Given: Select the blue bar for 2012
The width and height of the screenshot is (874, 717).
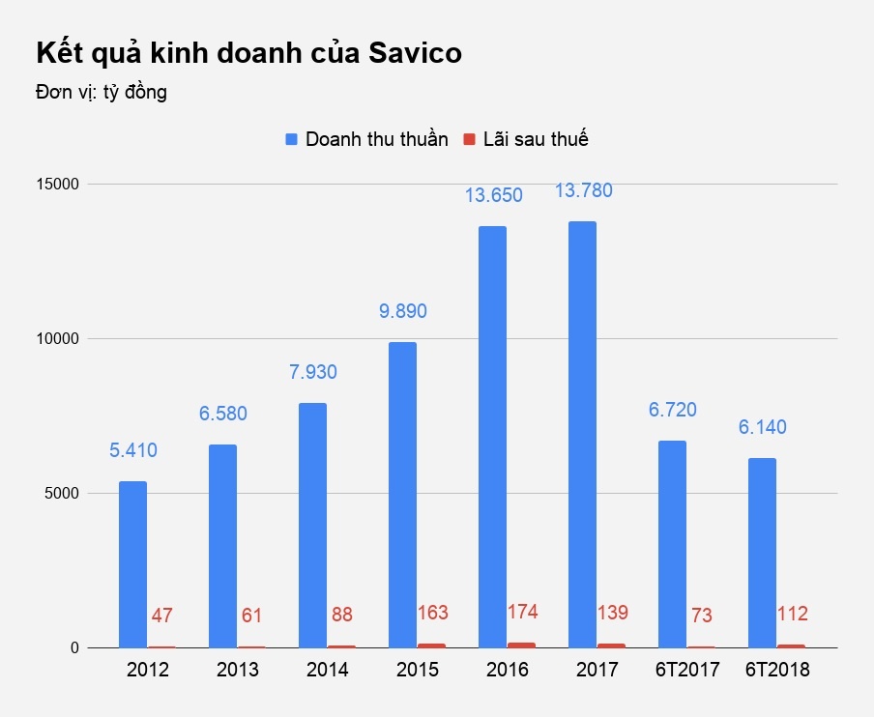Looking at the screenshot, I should click(x=132, y=564).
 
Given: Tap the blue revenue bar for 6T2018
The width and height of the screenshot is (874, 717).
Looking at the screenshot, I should click(x=762, y=553).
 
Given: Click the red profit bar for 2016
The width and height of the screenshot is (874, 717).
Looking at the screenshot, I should click(x=522, y=645).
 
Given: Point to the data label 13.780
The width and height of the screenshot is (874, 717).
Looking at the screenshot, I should click(x=583, y=191).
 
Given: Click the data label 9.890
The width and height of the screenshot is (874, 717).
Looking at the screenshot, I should click(x=402, y=311).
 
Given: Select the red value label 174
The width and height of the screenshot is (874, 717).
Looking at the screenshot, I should click(x=522, y=612).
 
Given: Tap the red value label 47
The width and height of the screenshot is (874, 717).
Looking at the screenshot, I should click(x=162, y=616).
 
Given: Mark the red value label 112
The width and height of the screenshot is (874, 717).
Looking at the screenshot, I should click(x=792, y=614).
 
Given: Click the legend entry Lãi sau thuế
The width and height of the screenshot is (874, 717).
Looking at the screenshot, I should click(x=536, y=139).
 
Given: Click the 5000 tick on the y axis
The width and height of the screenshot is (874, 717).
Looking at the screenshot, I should click(x=60, y=493).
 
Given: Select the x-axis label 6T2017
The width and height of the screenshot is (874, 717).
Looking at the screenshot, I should click(x=687, y=670).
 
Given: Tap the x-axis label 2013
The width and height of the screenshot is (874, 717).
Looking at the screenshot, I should click(x=238, y=670).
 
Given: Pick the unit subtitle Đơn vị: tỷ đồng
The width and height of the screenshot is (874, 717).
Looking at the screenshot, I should click(x=102, y=93).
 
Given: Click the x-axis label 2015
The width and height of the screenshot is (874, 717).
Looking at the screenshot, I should click(x=418, y=670).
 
